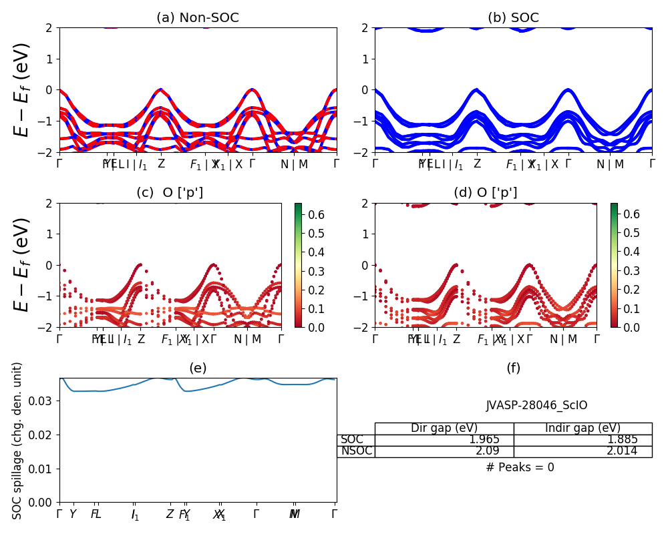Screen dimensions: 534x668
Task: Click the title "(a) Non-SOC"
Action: click(x=198, y=18)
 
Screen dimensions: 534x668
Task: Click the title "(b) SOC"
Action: click(x=513, y=18)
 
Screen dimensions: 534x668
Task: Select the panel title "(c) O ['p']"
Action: click(x=170, y=193)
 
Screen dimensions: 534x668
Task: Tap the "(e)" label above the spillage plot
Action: click(x=198, y=368)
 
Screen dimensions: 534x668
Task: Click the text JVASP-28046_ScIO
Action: click(x=536, y=405)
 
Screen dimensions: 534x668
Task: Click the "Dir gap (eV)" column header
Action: click(x=444, y=429)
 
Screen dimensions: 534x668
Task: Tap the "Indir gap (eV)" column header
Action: click(x=582, y=429)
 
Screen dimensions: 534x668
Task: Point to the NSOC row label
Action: click(x=356, y=451)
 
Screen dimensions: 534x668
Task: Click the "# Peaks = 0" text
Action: click(x=520, y=467)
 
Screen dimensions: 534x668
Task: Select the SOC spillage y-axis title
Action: click(x=18, y=441)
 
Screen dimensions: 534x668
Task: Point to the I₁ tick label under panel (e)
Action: click(x=136, y=515)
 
